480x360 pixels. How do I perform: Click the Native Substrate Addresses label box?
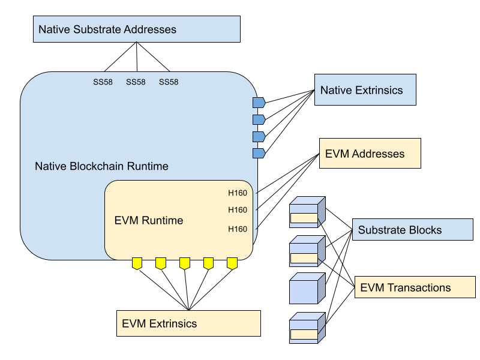point(136,29)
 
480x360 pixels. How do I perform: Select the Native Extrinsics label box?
point(365,90)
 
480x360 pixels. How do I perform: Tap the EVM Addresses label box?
point(370,154)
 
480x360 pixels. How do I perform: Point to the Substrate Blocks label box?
point(412,230)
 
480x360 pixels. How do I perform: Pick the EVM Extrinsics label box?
point(188,323)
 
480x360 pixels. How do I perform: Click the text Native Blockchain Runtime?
point(101,166)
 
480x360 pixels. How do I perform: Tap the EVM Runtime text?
point(148,220)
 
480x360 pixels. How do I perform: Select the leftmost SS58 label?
point(103,82)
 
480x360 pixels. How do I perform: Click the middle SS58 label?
point(136,82)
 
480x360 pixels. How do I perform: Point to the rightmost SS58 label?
point(169,82)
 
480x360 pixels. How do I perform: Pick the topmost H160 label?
point(238,193)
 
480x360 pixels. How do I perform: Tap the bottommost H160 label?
point(238,229)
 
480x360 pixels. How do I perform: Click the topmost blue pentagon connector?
point(259,103)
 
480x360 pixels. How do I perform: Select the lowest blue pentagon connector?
point(259,154)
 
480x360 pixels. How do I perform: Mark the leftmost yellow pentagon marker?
point(137,263)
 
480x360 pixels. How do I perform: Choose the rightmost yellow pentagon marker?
point(232,263)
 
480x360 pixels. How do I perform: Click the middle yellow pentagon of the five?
point(185,263)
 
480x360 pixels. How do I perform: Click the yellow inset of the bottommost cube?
point(304,334)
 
